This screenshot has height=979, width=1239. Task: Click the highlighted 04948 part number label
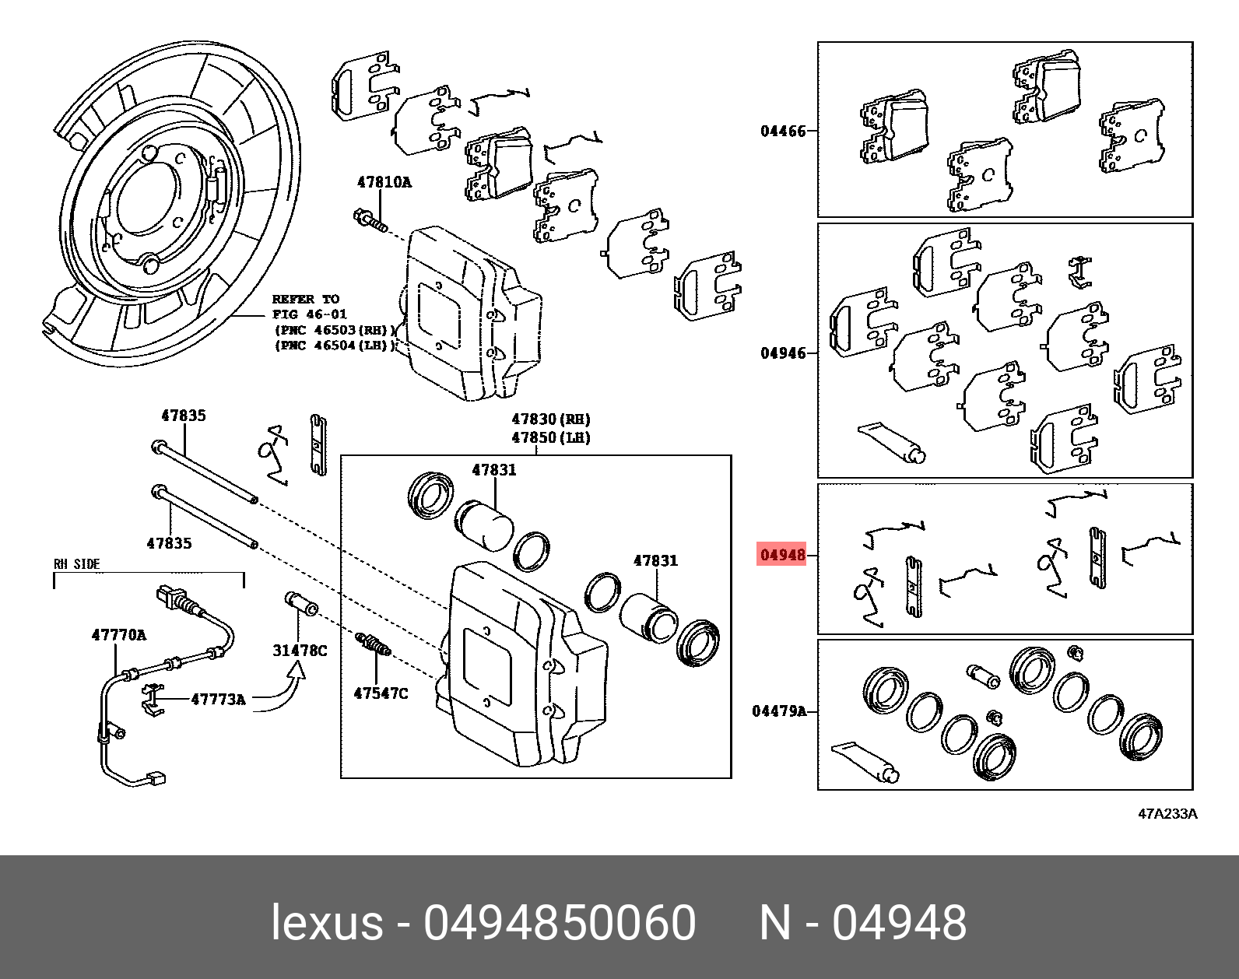click(x=782, y=556)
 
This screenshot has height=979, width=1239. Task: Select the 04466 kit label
click(x=783, y=131)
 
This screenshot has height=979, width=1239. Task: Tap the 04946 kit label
click(x=783, y=353)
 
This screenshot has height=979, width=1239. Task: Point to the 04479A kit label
click(x=779, y=711)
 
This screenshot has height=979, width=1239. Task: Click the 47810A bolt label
click(x=384, y=183)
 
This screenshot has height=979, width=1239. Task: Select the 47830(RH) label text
click(x=550, y=419)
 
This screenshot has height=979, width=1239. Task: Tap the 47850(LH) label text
click(x=550, y=437)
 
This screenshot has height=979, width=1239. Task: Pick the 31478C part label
click(x=300, y=650)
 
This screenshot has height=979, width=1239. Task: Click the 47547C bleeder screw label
click(x=380, y=692)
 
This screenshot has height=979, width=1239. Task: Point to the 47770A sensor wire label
click(x=118, y=634)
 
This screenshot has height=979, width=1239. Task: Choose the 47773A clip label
click(x=219, y=700)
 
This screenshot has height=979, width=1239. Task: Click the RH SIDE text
click(x=76, y=564)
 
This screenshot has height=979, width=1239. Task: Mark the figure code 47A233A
click(x=1167, y=815)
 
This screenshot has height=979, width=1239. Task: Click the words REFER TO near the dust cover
click(x=305, y=299)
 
